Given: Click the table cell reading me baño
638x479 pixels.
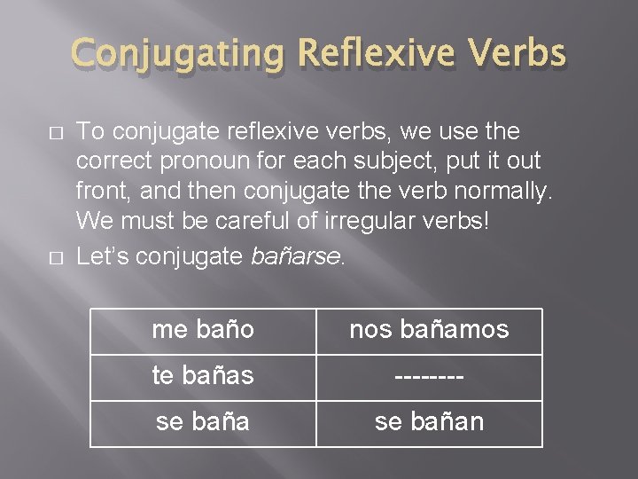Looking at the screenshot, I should tap(203, 330).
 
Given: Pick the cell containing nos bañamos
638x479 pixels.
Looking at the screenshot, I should tap(429, 330).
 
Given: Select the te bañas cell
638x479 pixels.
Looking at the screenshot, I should tap(203, 375).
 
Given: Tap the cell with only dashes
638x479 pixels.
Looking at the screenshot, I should tap(429, 375).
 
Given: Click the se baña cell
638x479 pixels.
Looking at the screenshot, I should tap(203, 421).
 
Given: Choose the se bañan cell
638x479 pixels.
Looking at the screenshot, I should tap(429, 421).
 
